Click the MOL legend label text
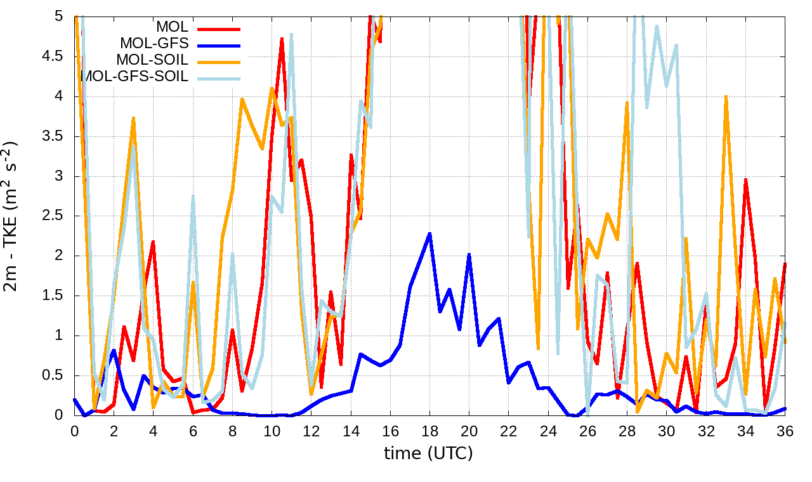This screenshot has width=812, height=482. [x=172, y=27]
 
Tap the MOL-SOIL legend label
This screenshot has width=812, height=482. [x=152, y=60]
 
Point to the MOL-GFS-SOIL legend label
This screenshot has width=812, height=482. [x=135, y=77]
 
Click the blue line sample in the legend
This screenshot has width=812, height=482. [x=219, y=45]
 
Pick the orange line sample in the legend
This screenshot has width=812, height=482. [x=219, y=62]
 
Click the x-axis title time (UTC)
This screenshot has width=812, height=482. [x=428, y=453]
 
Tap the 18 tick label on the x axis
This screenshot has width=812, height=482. [x=429, y=431]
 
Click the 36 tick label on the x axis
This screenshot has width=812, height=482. [x=785, y=431]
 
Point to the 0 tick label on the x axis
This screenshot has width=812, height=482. [x=75, y=431]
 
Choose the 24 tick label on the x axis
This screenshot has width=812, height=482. [x=548, y=431]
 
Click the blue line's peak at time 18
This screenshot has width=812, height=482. [x=430, y=233]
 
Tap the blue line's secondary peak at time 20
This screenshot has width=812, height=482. [x=469, y=254]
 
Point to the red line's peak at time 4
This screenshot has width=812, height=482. [x=154, y=242]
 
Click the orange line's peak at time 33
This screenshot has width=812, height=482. [x=726, y=96]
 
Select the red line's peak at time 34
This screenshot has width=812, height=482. [x=746, y=180]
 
